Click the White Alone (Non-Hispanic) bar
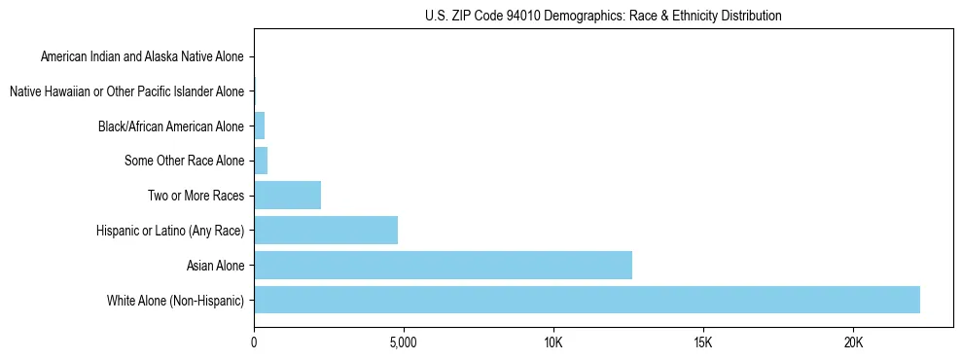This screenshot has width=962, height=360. (x=587, y=300)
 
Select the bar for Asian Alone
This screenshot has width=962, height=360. (x=443, y=265)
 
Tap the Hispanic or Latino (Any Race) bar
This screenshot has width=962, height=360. (x=326, y=230)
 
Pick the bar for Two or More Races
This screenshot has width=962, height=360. (x=287, y=195)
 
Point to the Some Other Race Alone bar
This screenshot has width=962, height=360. (x=261, y=161)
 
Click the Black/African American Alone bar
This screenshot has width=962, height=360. (x=259, y=126)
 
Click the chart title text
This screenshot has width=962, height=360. (x=603, y=16)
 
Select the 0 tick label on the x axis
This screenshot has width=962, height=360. (x=254, y=343)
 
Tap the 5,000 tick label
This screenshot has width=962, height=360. (x=403, y=343)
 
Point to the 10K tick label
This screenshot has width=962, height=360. (x=553, y=343)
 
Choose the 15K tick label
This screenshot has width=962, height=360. (x=703, y=343)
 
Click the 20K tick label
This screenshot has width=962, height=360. (x=853, y=343)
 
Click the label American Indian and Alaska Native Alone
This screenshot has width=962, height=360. (x=142, y=56)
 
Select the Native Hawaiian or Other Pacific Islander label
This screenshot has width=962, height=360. (x=126, y=91)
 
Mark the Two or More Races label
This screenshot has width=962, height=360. (x=196, y=196)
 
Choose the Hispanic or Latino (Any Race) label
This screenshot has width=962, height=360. (x=170, y=231)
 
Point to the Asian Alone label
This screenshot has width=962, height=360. (x=215, y=265)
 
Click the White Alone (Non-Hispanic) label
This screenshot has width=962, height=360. (x=175, y=300)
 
